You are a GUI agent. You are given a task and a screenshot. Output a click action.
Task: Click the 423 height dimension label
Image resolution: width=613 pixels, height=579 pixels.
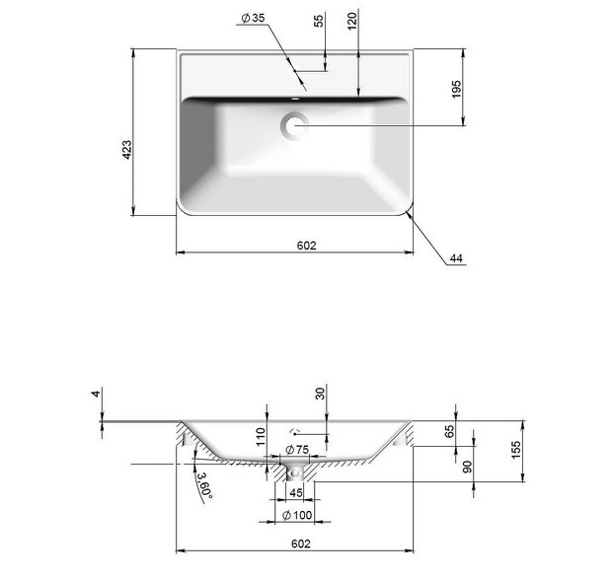point(127,150)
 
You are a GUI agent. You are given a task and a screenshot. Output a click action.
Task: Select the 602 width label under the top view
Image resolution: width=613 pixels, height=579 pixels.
point(306,246)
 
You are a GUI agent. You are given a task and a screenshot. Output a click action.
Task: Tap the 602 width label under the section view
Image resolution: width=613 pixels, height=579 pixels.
point(301,543)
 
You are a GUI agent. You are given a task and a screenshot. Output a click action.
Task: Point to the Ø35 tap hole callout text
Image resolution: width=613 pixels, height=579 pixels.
point(253,18)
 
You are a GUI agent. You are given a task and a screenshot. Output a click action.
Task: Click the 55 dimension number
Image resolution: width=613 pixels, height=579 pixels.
point(320,21)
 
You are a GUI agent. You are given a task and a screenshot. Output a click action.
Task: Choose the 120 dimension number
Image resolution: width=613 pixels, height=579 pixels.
point(352,21)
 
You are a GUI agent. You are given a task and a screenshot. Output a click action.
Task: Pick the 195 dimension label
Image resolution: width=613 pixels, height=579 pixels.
point(456,90)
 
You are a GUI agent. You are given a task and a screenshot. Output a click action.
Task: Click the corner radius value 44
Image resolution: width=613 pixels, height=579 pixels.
point(456,258)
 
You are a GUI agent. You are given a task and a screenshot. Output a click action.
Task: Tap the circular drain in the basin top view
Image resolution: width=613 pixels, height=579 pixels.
point(294,126)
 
